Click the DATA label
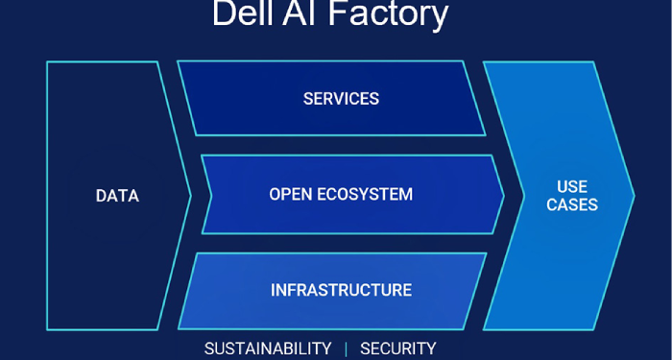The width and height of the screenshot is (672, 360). (117, 196)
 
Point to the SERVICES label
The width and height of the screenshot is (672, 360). (341, 99)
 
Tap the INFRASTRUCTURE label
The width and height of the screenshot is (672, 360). (341, 290)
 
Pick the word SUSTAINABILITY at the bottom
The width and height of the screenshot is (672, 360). (268, 348)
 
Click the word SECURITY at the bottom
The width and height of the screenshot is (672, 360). (397, 348)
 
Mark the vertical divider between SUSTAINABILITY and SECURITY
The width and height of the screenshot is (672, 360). (346, 348)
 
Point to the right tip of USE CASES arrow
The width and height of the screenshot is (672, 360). (635, 196)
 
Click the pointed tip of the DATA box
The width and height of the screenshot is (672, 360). (190, 196)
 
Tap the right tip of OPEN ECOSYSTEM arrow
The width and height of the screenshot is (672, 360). (504, 196)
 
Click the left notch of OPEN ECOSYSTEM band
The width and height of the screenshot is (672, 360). (225, 196)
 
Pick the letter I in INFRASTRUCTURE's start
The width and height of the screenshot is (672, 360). (274, 290)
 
